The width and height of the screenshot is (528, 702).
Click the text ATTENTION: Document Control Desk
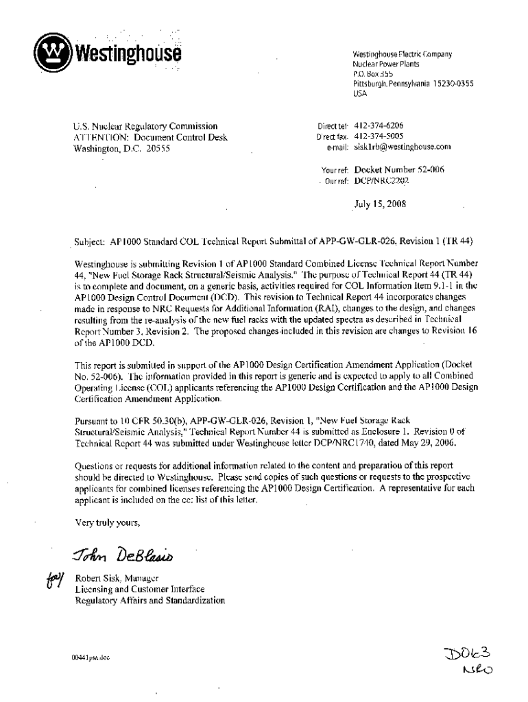click(150, 137)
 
